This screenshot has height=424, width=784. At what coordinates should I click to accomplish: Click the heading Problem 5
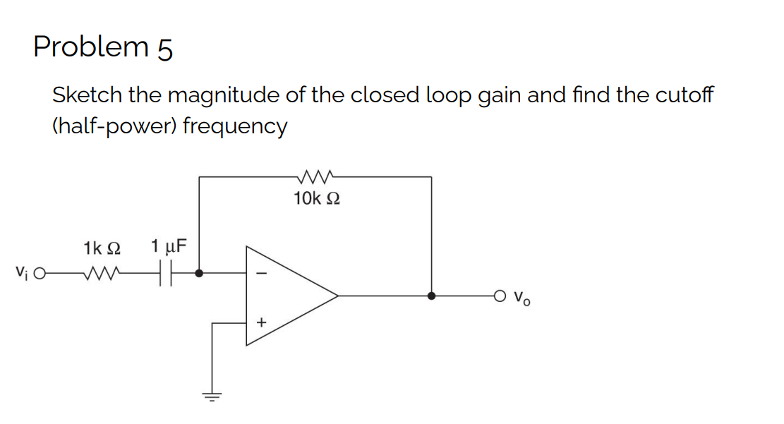[x=103, y=47]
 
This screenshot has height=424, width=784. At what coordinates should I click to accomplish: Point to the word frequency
[x=235, y=127]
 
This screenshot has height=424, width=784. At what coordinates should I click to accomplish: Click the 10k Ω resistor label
[x=316, y=199]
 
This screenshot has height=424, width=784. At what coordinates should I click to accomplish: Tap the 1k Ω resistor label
[x=102, y=248]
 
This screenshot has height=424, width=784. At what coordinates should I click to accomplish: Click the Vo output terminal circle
[x=500, y=296]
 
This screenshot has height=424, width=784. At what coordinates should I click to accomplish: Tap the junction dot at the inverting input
[x=200, y=273]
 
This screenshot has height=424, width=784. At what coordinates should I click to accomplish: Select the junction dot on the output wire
[x=432, y=296]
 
